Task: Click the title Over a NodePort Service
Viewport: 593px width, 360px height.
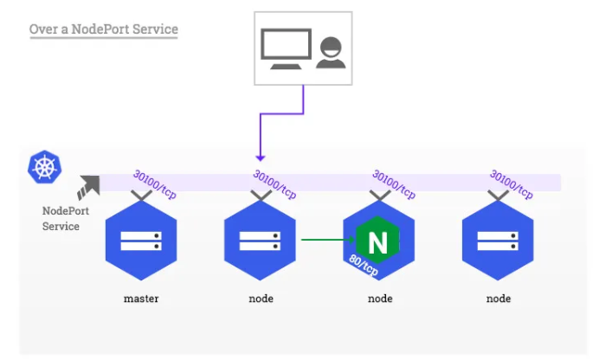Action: pyautogui.click(x=103, y=29)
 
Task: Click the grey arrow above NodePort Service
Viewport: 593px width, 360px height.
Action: pyautogui.click(x=88, y=186)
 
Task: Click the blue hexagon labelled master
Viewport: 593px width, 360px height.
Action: pyautogui.click(x=140, y=242)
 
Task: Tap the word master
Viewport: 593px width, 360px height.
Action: pyautogui.click(x=140, y=299)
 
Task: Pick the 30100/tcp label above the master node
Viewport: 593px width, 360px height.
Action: pyautogui.click(x=154, y=183)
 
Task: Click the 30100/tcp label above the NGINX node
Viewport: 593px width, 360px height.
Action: pyautogui.click(x=393, y=183)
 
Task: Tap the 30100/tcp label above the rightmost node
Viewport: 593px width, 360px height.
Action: pyautogui.click(x=511, y=183)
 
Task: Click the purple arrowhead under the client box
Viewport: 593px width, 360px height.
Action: pyautogui.click(x=260, y=157)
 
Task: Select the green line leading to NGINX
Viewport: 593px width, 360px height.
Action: pyautogui.click(x=322, y=240)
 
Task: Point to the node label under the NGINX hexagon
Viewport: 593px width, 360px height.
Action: pyautogui.click(x=379, y=299)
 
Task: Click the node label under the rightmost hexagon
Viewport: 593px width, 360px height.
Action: pyautogui.click(x=498, y=299)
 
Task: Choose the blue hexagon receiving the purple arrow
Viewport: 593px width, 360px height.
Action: pyautogui.click(x=260, y=242)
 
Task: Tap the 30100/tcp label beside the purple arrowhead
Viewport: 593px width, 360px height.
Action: pyautogui.click(x=274, y=183)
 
